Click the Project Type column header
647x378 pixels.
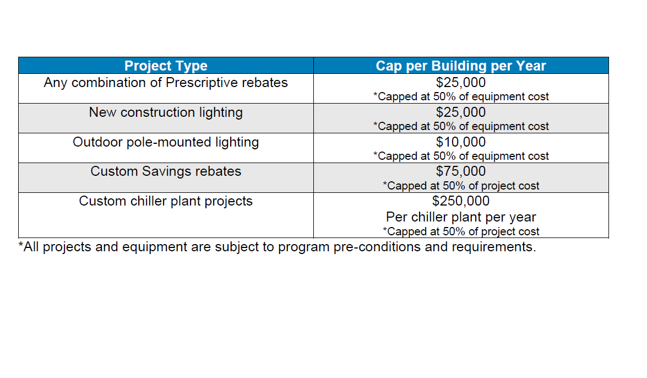pyautogui.click(x=166, y=66)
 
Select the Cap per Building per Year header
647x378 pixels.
pyautogui.click(x=461, y=66)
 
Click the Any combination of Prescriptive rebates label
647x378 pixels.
pyautogui.click(x=166, y=83)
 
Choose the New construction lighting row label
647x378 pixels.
pyautogui.click(x=166, y=112)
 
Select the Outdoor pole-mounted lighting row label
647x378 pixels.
pyautogui.click(x=166, y=142)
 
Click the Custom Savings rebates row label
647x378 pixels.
pyautogui.click(x=166, y=171)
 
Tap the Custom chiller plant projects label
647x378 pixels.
pyautogui.click(x=166, y=201)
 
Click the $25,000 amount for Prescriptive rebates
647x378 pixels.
pyautogui.click(x=461, y=83)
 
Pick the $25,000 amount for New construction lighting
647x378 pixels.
pyautogui.click(x=461, y=112)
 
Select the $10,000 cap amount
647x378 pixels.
pyautogui.click(x=461, y=142)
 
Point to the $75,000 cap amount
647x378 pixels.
pyautogui.click(x=461, y=171)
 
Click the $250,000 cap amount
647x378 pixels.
pyautogui.click(x=461, y=201)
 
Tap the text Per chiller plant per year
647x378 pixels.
pyautogui.click(x=461, y=217)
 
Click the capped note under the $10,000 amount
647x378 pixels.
pyautogui.click(x=461, y=156)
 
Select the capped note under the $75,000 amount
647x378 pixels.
pyautogui.click(x=461, y=186)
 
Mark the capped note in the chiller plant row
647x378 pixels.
pyautogui.click(x=461, y=232)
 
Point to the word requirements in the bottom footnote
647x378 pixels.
pyautogui.click(x=493, y=247)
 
